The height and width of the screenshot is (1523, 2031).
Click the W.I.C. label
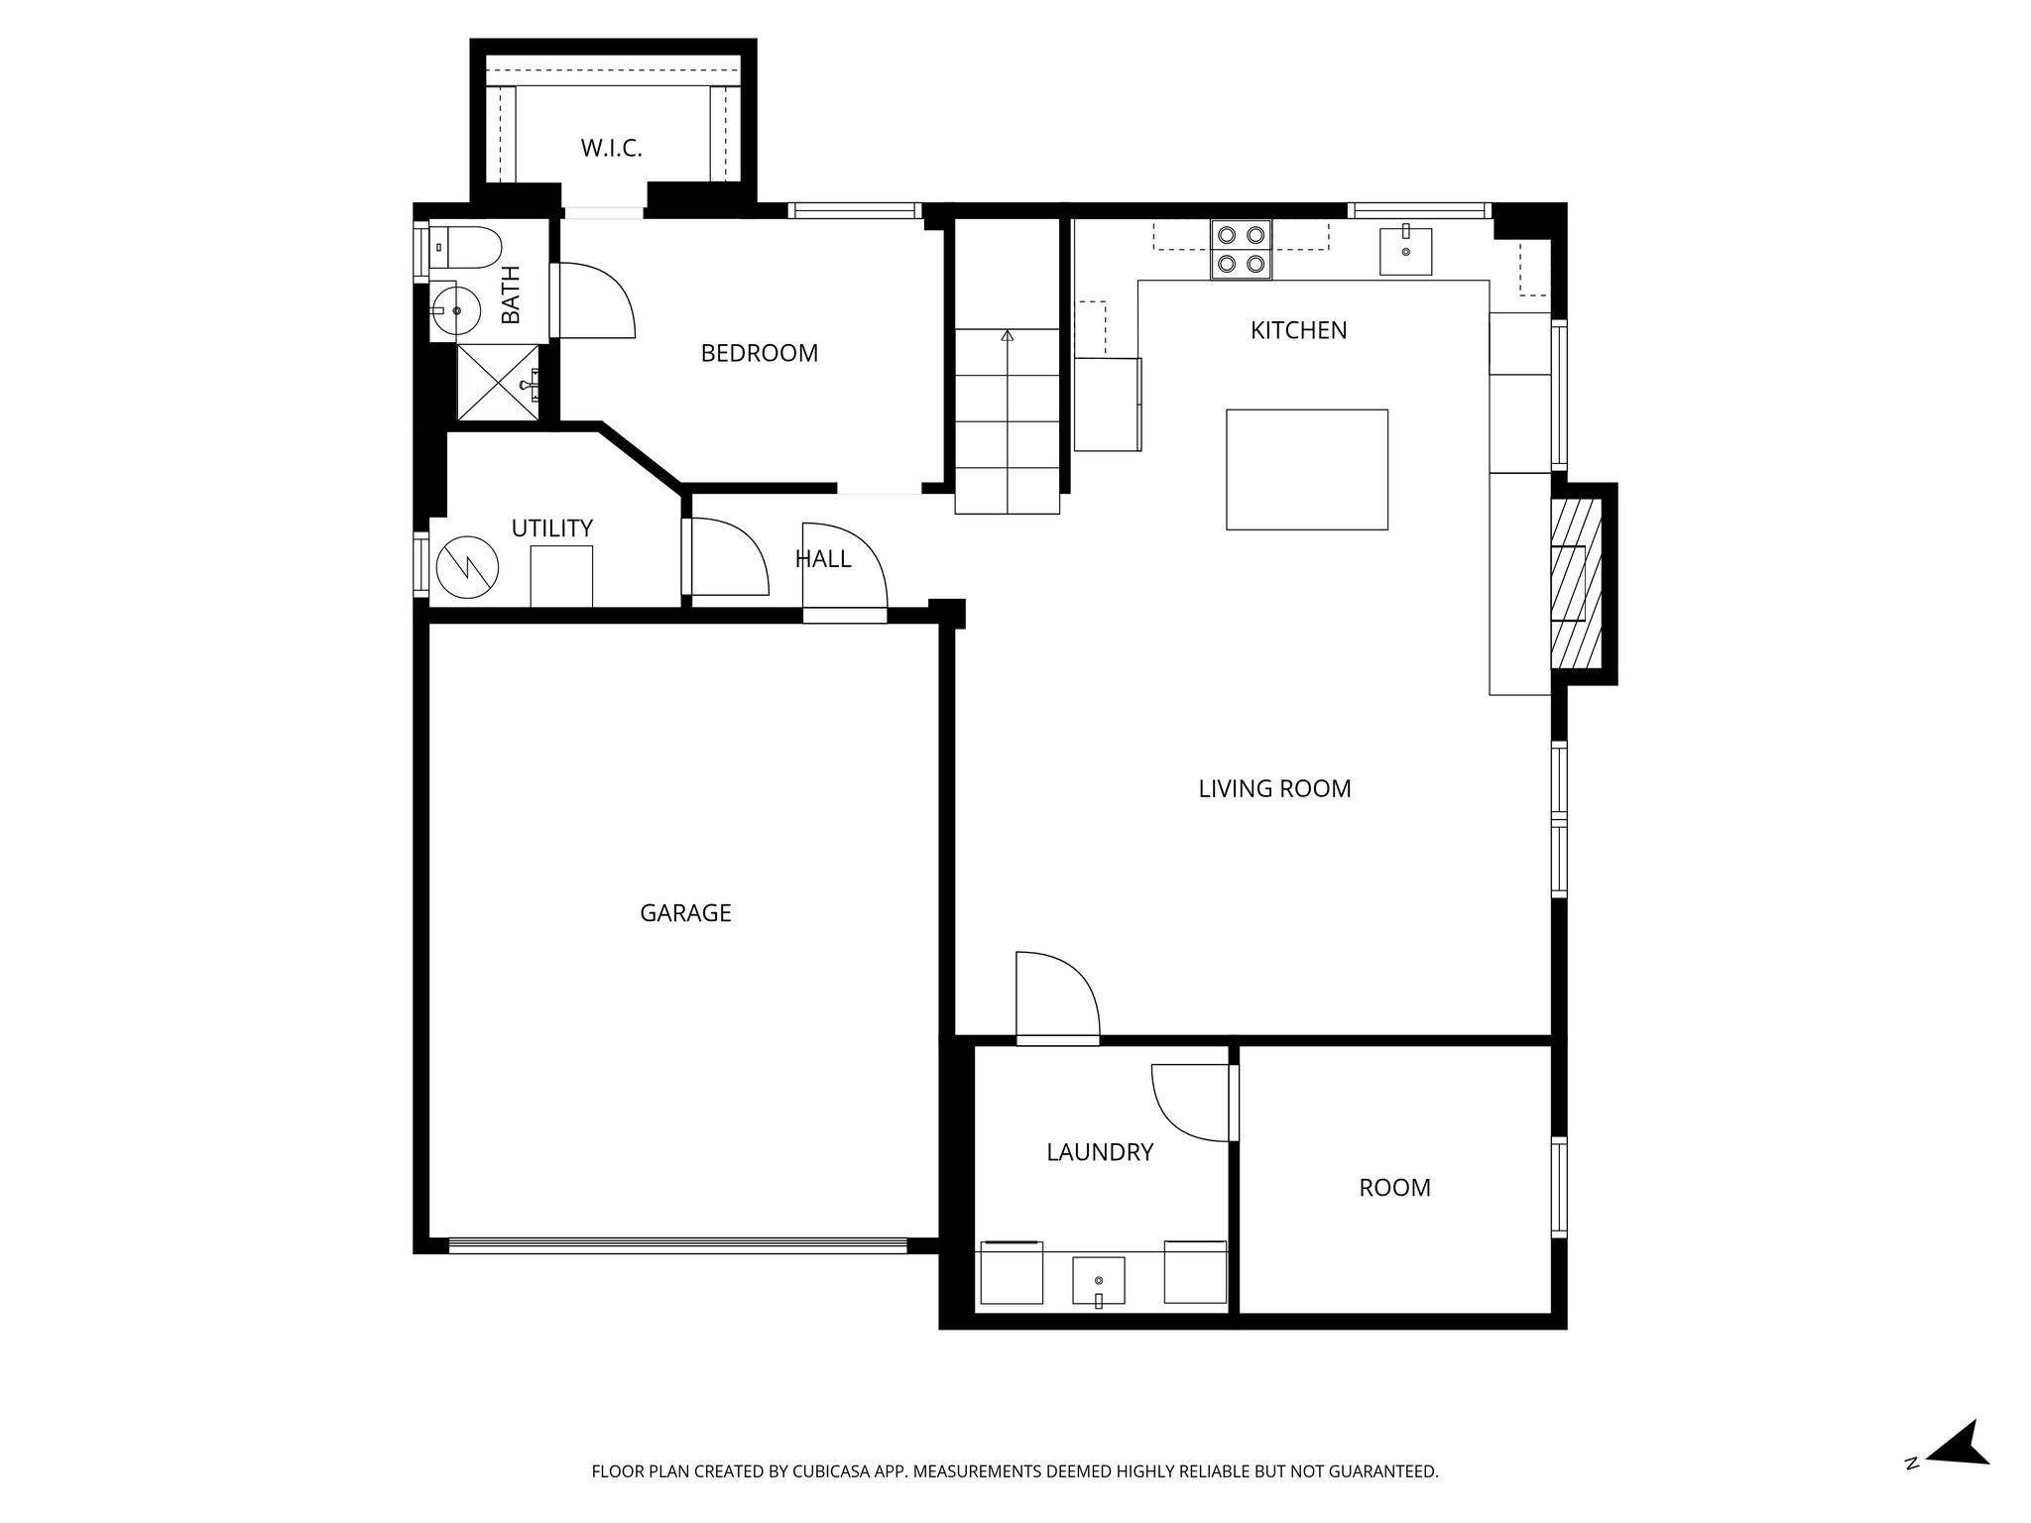(x=611, y=149)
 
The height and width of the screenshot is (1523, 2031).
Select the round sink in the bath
(x=455, y=310)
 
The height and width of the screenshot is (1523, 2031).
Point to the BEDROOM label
(x=759, y=353)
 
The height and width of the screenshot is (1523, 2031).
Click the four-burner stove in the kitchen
(x=1241, y=249)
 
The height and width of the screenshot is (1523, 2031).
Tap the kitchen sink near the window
(x=1405, y=251)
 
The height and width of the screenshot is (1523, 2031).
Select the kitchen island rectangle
(x=1306, y=469)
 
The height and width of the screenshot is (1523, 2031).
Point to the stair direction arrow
(x=1008, y=337)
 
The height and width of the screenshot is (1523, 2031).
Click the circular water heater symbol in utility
(x=467, y=568)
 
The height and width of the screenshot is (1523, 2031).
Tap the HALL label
(x=822, y=559)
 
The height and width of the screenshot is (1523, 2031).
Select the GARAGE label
(x=685, y=913)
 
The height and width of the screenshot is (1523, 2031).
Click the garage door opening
(x=677, y=1245)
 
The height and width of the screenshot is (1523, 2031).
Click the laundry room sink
(x=1099, y=1281)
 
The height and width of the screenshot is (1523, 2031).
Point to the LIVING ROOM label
(x=1274, y=789)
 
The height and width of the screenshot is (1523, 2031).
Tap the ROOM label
(x=1394, y=1188)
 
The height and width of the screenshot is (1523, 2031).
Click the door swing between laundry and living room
(x=1057, y=996)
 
